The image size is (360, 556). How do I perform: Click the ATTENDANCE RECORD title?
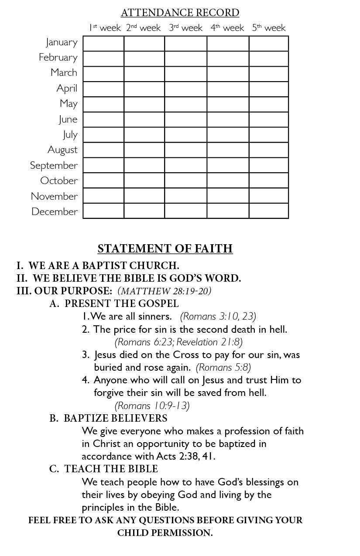click(x=180, y=13)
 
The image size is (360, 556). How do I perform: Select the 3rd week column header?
click(x=185, y=28)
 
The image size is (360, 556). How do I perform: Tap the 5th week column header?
click(x=268, y=28)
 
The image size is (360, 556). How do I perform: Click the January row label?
click(x=62, y=42)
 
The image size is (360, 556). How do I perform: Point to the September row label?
click(x=54, y=165)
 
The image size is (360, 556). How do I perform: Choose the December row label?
click(x=55, y=211)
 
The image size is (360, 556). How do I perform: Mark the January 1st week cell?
click(x=103, y=44)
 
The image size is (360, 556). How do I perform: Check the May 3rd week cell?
click(x=185, y=104)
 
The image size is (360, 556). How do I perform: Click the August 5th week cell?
click(x=268, y=150)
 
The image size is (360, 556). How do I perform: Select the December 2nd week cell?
click(x=144, y=211)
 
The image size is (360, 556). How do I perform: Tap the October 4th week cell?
click(x=228, y=180)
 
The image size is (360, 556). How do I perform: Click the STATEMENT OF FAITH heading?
click(x=165, y=249)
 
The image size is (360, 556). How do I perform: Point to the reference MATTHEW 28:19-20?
click(x=165, y=291)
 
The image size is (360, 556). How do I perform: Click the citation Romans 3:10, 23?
click(x=218, y=316)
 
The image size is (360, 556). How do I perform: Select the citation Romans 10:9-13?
click(x=152, y=406)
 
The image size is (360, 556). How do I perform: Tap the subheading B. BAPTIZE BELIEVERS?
click(x=108, y=418)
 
